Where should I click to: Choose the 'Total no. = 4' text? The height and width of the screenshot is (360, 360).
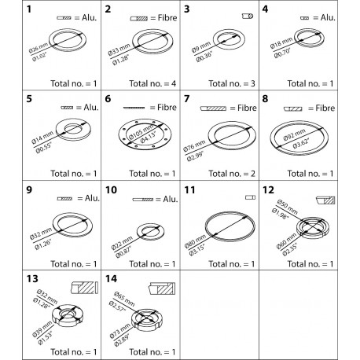(145, 84)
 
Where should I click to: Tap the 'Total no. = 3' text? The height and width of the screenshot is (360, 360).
(234, 84)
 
